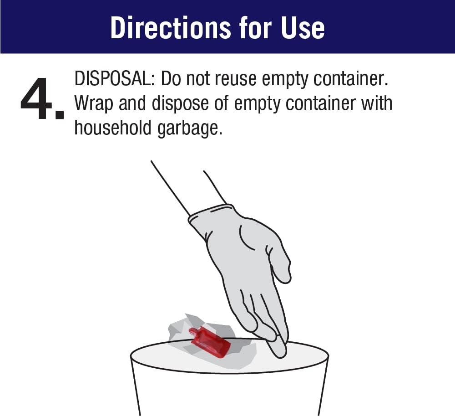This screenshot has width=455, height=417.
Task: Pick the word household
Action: (x=113, y=128)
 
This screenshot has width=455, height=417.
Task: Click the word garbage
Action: (x=190, y=129)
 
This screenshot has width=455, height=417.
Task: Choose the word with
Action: (x=376, y=103)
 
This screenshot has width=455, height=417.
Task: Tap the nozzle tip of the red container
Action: (x=192, y=330)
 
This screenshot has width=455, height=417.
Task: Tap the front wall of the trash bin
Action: (x=229, y=392)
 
